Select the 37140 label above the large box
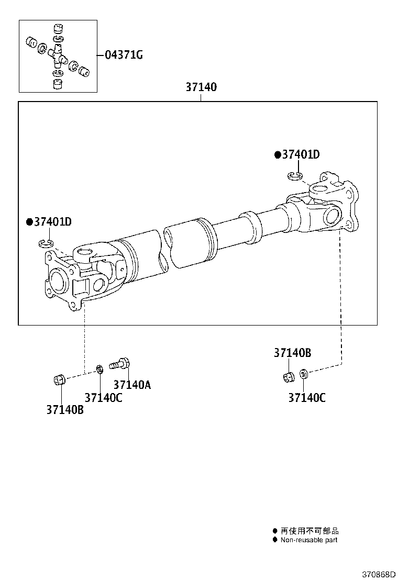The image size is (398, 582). [201, 87]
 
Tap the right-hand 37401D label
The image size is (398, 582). [300, 154]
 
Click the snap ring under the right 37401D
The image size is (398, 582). [295, 176]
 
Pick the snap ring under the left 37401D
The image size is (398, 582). [47, 243]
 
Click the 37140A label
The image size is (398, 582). [132, 385]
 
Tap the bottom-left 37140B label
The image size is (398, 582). [64, 410]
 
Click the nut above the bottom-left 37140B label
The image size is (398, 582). [60, 379]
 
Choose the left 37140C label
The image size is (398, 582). [103, 398]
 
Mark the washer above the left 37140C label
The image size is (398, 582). [99, 371]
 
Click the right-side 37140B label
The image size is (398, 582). [292, 353]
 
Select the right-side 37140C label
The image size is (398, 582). [306, 398]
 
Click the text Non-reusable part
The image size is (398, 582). [309, 540]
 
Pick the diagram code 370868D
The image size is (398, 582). [374, 574]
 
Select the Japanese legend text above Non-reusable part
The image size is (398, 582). [309, 531]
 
